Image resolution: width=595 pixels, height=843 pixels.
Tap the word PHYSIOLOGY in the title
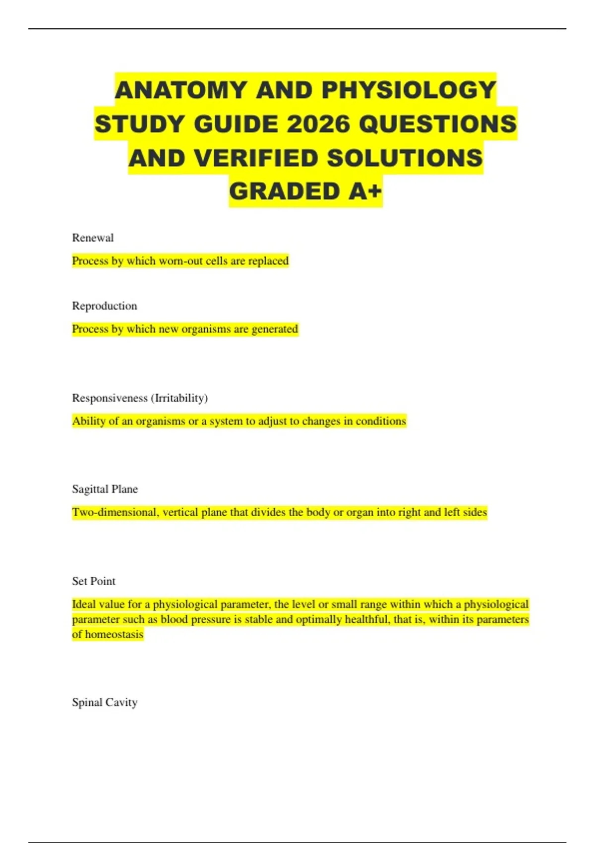tap(409, 90)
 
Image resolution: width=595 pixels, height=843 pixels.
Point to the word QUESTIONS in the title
tap(437, 124)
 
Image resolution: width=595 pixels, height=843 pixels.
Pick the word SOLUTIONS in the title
tap(405, 158)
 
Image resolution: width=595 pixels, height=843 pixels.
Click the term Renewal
tap(93, 238)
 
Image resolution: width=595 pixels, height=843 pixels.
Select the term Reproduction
tap(104, 306)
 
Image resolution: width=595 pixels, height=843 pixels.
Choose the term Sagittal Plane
tap(105, 489)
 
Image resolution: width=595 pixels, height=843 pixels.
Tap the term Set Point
tap(93, 581)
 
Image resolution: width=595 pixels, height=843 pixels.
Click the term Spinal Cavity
tap(104, 703)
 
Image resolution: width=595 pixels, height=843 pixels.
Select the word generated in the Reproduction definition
tap(275, 329)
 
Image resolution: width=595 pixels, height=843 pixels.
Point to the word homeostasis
tap(114, 635)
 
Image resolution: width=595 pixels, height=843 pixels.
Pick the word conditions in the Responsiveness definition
tap(381, 421)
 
